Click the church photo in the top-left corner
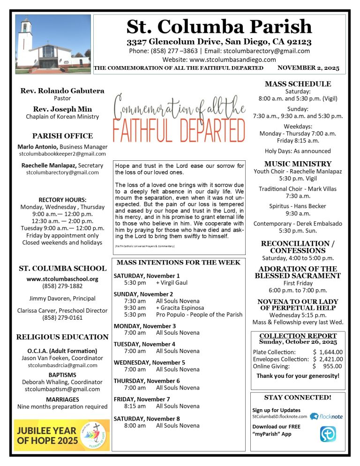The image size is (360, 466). (x=53, y=44)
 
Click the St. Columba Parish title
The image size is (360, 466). (x=219, y=26)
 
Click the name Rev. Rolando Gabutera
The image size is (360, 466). (x=62, y=91)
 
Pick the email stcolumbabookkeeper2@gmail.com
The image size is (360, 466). (x=62, y=154)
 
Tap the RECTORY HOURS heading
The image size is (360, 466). (x=62, y=199)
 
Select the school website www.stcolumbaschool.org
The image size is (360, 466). (x=62, y=278)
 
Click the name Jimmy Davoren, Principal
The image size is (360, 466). (x=62, y=298)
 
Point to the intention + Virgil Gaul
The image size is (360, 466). (x=172, y=284)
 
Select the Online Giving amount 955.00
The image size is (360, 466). (x=333, y=367)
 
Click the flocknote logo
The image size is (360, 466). (x=327, y=416)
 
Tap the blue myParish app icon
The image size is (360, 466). (x=328, y=434)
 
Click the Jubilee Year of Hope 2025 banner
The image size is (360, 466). (x=62, y=435)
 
